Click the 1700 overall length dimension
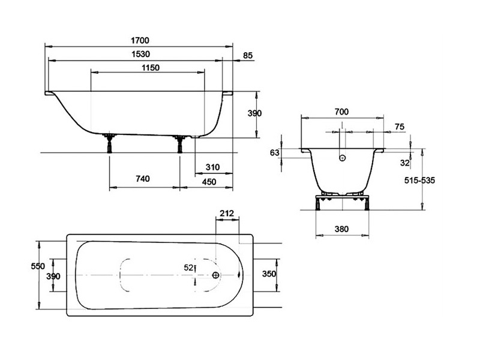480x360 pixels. point(140,40)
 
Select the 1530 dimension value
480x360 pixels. point(141,54)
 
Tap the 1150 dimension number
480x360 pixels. point(151,68)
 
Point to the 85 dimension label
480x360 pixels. point(248,55)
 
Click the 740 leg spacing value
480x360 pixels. point(143,179)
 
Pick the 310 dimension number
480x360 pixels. point(212,167)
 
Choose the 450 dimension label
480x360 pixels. point(209,182)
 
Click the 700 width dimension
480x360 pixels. point(341,112)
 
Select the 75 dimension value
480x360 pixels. point(400,127)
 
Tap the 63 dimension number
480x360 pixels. point(275,152)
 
